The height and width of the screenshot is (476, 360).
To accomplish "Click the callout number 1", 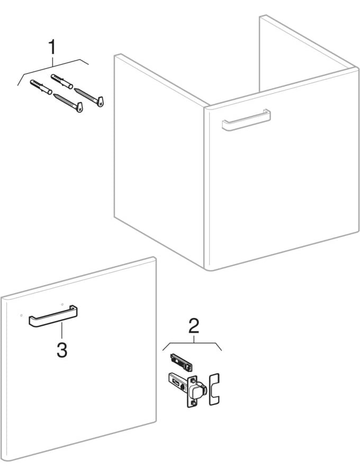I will [x=52, y=47].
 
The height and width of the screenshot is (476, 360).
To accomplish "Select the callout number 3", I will [x=62, y=350].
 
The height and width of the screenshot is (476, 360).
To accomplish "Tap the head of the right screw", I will [x=101, y=100].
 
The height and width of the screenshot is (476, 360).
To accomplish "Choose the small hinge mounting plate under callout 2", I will [x=181, y=363].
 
